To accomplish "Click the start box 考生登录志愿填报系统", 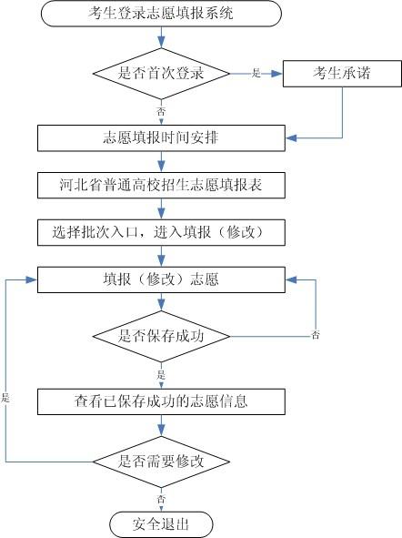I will [x=160, y=14].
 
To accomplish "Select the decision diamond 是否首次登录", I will [x=160, y=72].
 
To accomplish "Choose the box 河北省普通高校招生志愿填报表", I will [x=160, y=186].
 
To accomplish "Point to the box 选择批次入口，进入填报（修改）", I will [x=160, y=232].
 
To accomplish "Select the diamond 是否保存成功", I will [x=160, y=336].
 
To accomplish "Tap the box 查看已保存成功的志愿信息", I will [x=160, y=400].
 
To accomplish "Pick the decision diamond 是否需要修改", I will [x=160, y=461].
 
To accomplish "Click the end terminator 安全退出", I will [x=160, y=523].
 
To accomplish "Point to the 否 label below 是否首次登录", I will [x=161, y=110].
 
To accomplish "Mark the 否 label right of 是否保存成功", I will [x=316, y=335].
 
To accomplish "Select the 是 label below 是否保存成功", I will [x=161, y=374].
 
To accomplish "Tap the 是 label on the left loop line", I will [x=5, y=398].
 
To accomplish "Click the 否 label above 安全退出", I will [x=161, y=499].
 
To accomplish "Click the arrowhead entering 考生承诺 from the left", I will [x=278, y=73].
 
